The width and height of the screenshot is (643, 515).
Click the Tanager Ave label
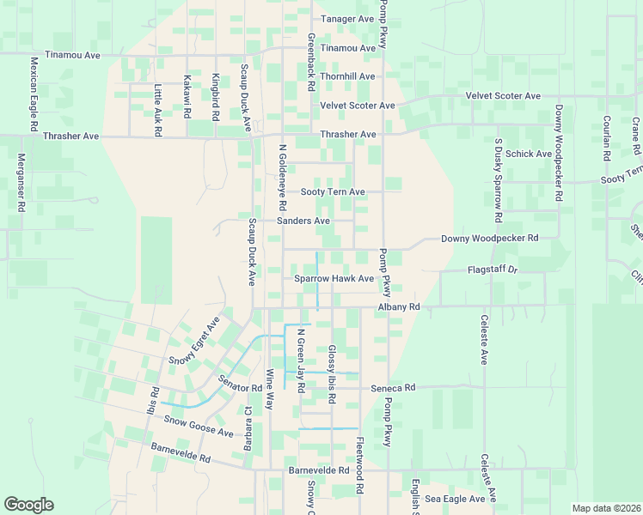[x=347, y=19]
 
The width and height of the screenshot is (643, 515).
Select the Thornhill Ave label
[x=347, y=76]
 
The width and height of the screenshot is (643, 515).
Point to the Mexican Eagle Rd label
[x=34, y=94]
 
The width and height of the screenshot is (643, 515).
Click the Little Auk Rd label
[x=157, y=111]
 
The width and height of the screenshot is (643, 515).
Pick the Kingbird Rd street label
[x=216, y=97]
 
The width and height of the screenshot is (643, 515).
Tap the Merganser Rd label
[x=21, y=184]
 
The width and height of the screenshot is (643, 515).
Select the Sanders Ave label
[x=303, y=221]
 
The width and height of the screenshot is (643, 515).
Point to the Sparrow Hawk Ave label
[x=334, y=278]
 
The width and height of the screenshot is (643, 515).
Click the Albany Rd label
[x=398, y=306]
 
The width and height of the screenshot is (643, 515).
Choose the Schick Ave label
[x=529, y=154]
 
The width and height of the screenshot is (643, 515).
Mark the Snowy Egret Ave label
[x=194, y=341]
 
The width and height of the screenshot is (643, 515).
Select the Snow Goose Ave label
[x=199, y=427]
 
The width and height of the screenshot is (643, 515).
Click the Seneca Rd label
[x=393, y=387]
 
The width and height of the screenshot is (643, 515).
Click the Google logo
[x=28, y=505]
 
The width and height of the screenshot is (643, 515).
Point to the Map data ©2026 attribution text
[x=605, y=508]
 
